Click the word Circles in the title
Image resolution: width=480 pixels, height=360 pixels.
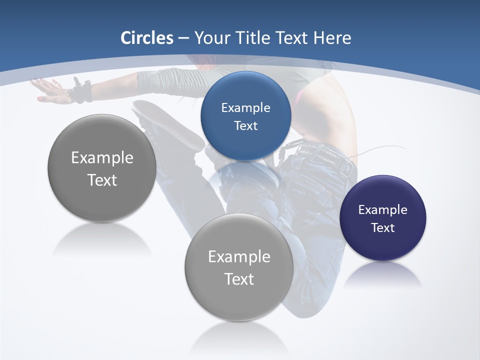click(x=147, y=38)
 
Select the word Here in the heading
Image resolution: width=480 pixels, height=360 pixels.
click(x=332, y=38)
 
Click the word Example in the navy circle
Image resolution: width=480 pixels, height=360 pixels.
click(x=383, y=210)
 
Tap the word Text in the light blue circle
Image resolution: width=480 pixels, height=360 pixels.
click(x=245, y=126)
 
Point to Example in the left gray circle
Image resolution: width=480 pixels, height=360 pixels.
click(x=102, y=158)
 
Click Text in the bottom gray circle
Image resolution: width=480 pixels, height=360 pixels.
click(x=239, y=279)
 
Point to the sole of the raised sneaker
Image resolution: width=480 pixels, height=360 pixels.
click(x=167, y=122)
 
